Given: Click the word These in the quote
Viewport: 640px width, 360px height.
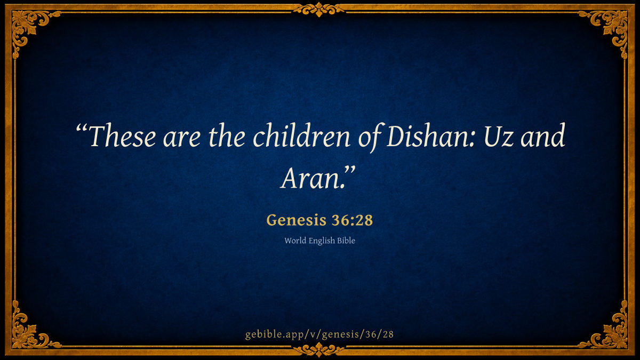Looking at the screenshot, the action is tap(123, 135).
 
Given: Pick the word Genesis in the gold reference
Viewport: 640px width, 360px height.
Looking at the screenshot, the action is tap(297, 220).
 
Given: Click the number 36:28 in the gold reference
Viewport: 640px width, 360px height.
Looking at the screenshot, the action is tap(353, 220).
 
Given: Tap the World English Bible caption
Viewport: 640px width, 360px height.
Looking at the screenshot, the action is tap(319, 241).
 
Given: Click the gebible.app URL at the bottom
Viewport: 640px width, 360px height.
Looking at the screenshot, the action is tap(319, 334).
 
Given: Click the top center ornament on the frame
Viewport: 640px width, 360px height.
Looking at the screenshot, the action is tap(319, 10).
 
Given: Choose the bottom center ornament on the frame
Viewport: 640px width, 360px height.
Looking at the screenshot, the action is tap(319, 350).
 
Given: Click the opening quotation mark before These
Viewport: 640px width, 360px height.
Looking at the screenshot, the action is tap(82, 129).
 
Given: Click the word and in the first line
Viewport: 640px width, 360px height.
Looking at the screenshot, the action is tap(543, 135).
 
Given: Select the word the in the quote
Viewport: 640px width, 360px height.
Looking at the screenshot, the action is tap(227, 135).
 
